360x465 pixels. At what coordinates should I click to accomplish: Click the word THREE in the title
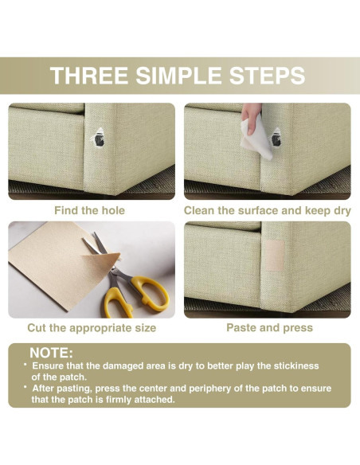[89, 76]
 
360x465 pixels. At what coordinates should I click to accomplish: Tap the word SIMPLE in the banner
[178, 76]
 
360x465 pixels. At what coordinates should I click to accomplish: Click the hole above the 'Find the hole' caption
[99, 138]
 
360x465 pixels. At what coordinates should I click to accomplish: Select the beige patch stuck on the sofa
[275, 256]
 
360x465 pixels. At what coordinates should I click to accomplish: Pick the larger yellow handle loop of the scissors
[151, 293]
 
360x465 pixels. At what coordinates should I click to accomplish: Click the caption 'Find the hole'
[89, 210]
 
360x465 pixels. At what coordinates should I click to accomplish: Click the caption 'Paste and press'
[269, 328]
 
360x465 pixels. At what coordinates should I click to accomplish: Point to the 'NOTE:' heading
[51, 353]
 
